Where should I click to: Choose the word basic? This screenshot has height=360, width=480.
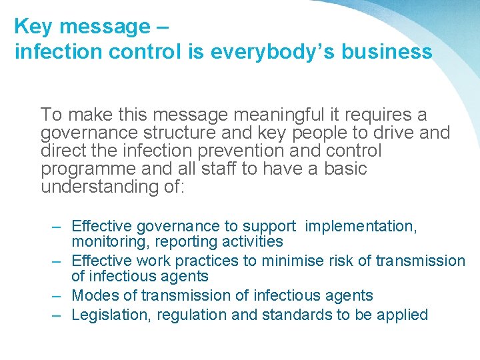point(345,169)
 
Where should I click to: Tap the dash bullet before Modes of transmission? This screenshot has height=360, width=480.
point(58,295)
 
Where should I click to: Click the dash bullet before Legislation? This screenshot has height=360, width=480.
point(58,315)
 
